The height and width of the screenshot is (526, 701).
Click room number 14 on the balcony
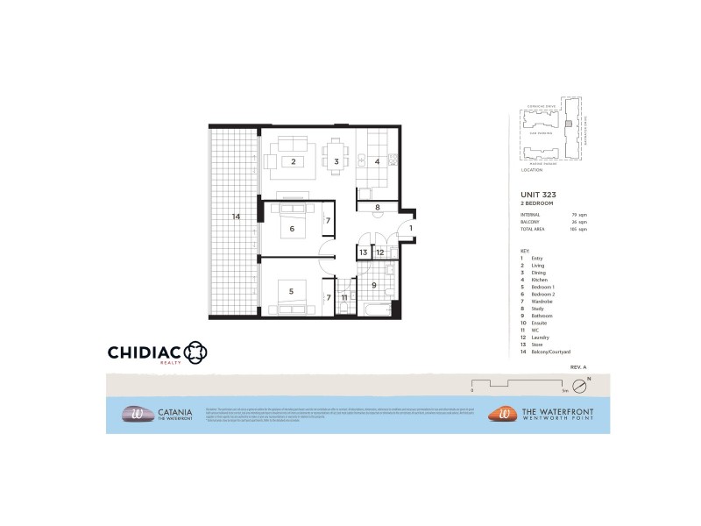(x=236, y=216)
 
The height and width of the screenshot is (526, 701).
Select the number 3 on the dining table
(x=336, y=161)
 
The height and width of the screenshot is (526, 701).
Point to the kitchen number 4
(x=377, y=161)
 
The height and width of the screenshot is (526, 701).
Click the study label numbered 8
(x=377, y=208)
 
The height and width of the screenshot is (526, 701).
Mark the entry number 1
(x=410, y=229)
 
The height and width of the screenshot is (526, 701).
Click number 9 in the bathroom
(x=374, y=284)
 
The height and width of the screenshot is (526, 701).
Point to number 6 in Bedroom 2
(x=292, y=230)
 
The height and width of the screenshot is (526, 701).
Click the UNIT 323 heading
(x=538, y=194)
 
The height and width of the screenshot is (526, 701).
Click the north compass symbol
(x=578, y=386)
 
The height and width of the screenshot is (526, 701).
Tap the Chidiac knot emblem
(x=195, y=352)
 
